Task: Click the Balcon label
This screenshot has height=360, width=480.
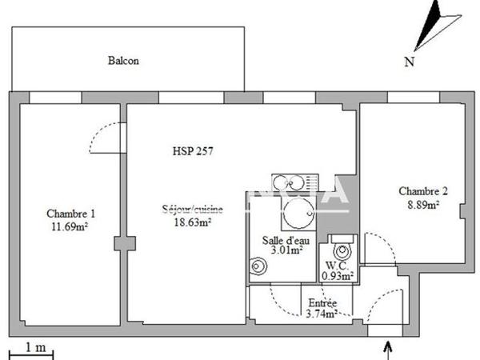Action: pyautogui.click(x=123, y=61)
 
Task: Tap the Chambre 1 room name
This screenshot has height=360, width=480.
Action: pyautogui.click(x=71, y=214)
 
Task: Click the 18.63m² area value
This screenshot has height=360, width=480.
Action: pyautogui.click(x=193, y=223)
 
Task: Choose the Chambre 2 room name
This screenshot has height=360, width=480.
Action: pyautogui.click(x=423, y=191)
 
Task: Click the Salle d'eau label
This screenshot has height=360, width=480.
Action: pyautogui.click(x=283, y=239)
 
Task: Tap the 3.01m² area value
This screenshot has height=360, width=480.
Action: pyautogui.click(x=285, y=250)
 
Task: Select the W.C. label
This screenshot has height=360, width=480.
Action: pyautogui.click(x=335, y=266)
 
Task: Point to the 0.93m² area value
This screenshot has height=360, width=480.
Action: pyautogui.click(x=338, y=276)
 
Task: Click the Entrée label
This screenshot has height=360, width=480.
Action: pyautogui.click(x=322, y=302)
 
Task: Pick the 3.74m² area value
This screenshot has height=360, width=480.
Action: pyautogui.click(x=322, y=314)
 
